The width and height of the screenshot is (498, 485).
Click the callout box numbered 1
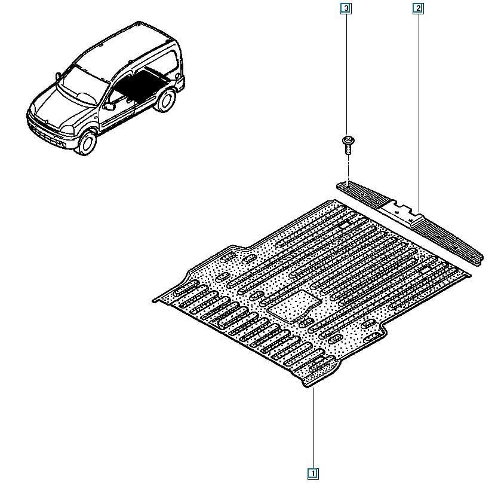tap(313, 474)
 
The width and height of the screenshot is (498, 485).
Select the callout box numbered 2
tap(418, 8)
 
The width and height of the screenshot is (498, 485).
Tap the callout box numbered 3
tap(346, 8)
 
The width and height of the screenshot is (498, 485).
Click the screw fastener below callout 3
tap(348, 145)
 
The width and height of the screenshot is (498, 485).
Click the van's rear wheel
tap(165, 100)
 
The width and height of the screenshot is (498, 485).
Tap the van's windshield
tap(83, 86)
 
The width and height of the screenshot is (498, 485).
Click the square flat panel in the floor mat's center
tap(293, 306)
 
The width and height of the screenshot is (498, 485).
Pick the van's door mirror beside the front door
tap(109, 106)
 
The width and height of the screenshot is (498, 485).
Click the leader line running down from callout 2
tap(418, 113)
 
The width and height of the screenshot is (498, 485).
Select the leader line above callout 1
tap(314, 428)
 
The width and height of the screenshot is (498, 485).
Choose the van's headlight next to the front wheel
tap(67, 129)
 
